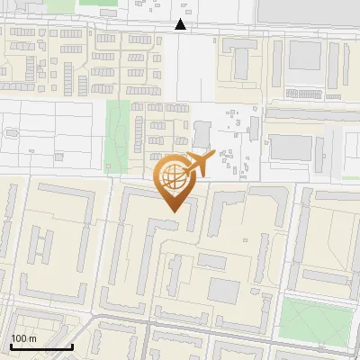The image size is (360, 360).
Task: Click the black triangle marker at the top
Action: coord(181,25)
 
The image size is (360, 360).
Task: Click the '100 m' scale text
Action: coord(23,338)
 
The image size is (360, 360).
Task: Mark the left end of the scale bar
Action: coord(11,346)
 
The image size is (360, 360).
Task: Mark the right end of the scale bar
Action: coord(72,346)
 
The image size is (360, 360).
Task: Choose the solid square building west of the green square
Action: coord(224,290)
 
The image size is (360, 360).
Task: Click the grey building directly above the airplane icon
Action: coord(202,136)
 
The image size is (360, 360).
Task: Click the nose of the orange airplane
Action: coord(214,157)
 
